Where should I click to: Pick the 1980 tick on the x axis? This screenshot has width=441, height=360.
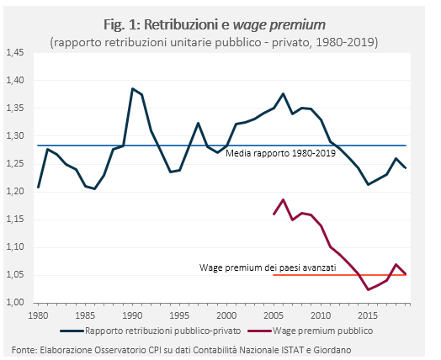pyautogui.click(x=39, y=315)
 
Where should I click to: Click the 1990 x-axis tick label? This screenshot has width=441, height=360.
pyautogui.click(x=132, y=315)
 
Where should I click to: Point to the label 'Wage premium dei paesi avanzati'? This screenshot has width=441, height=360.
pyautogui.click(x=268, y=267)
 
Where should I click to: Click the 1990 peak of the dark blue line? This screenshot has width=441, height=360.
pyautogui.click(x=132, y=88)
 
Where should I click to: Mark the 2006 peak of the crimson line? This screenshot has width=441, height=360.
pyautogui.click(x=284, y=199)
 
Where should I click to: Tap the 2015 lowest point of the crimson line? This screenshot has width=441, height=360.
pyautogui.click(x=368, y=289)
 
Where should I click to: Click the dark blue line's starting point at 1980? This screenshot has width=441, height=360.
pyautogui.click(x=39, y=188)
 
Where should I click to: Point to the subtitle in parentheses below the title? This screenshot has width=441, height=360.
pyautogui.click(x=214, y=40)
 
